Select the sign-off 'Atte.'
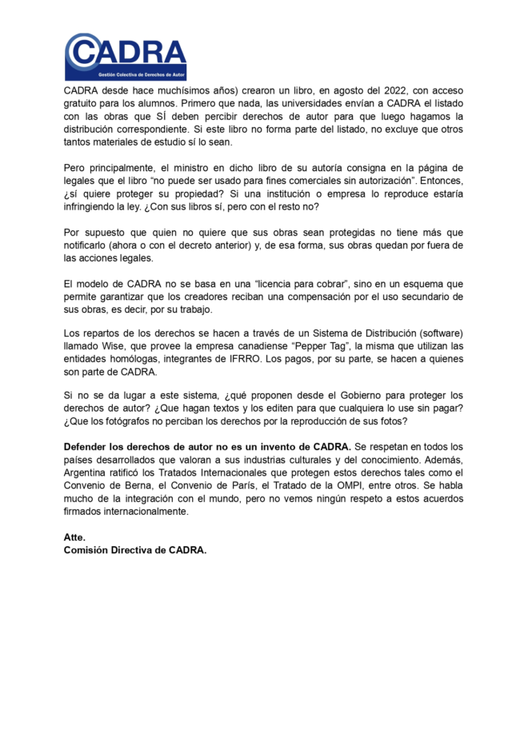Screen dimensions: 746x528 click(74, 537)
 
